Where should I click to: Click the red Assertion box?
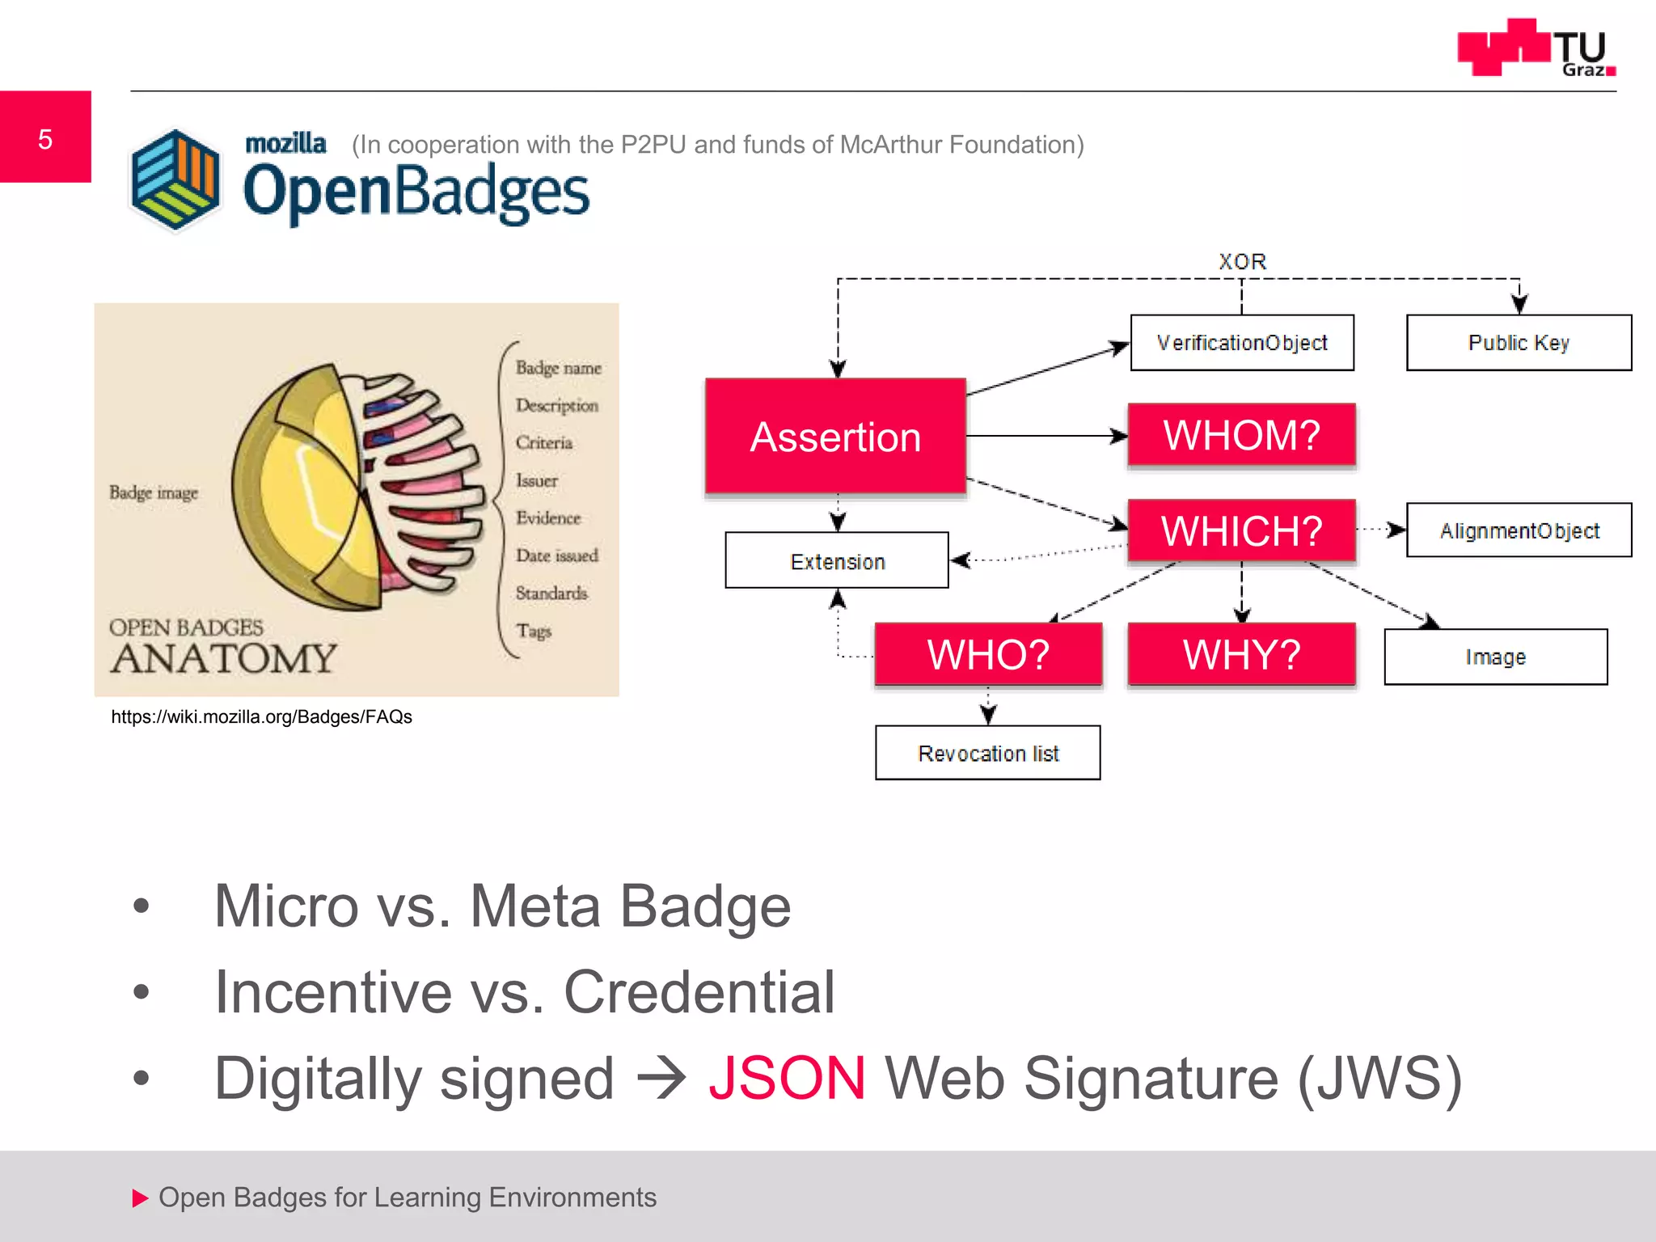835,437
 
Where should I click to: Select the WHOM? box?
1241,435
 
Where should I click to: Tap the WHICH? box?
1241,530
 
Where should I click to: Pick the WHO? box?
988,654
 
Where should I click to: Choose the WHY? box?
1241,654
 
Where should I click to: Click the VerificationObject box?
1241,343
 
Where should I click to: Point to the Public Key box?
1519,343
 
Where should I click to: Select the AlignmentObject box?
1519,530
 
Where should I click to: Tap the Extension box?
837,560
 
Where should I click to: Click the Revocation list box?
987,753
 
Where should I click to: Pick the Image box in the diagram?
1495,657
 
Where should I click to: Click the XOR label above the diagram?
1242,262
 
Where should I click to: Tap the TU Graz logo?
1536,49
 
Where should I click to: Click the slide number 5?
45,138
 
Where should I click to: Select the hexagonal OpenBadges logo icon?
175,180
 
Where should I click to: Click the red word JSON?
787,1078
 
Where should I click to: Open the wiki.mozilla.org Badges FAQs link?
261,716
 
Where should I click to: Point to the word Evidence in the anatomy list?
548,517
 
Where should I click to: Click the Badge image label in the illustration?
154,492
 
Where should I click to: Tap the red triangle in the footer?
140,1198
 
